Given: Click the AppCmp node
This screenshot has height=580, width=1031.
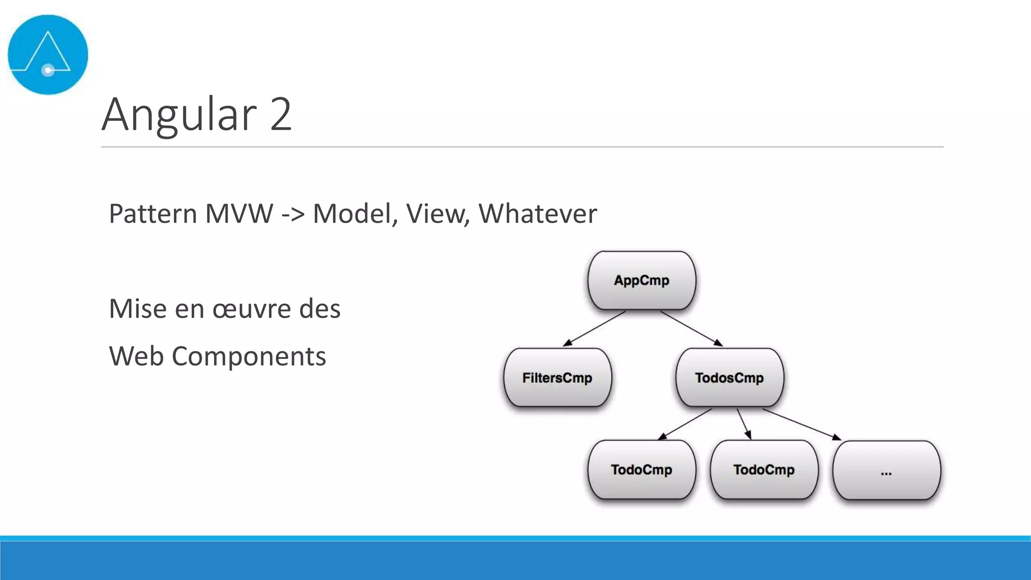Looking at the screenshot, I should [x=641, y=280].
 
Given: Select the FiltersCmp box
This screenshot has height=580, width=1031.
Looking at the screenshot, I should [x=557, y=378].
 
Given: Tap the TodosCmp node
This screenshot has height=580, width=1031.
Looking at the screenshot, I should [x=729, y=378].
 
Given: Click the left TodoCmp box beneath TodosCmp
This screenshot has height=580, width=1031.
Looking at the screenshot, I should [x=641, y=470].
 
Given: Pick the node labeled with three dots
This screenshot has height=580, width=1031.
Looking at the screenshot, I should [x=887, y=471].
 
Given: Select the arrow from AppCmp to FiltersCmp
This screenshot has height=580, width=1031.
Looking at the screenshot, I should [x=594, y=329].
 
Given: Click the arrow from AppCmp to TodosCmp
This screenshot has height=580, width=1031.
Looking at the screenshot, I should [x=691, y=329].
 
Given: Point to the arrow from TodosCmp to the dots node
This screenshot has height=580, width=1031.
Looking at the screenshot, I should [x=801, y=424].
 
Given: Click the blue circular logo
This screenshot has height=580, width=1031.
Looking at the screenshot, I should [x=48, y=54].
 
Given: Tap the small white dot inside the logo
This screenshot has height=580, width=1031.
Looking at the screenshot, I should [x=48, y=70].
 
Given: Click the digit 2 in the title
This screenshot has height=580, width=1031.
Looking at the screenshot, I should [x=280, y=114].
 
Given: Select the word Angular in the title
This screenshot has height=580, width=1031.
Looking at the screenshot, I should [x=179, y=114].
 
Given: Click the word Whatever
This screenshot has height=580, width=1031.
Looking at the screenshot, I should [x=537, y=213].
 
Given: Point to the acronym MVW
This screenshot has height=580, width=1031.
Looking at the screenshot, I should [x=239, y=213].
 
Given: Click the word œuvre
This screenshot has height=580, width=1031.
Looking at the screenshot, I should [x=252, y=309].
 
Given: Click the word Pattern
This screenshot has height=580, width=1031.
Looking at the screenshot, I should [x=152, y=213].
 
